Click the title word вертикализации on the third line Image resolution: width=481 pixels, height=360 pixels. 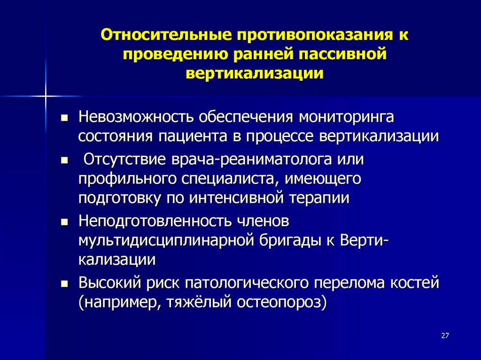coord(255,74)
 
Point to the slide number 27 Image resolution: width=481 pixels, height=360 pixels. coord(446,336)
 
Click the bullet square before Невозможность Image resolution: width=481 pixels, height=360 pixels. coord(65,117)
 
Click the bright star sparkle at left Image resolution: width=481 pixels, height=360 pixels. coord(46,96)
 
